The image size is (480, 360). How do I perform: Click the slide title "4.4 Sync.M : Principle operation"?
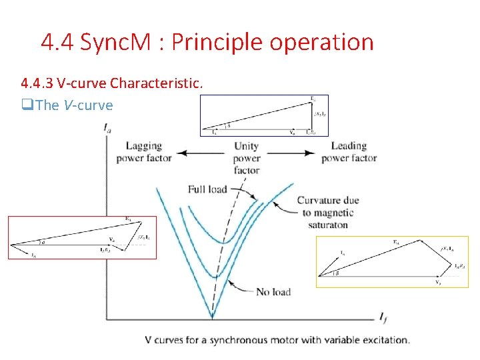coord(207,43)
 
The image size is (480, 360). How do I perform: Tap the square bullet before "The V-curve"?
coord(27,105)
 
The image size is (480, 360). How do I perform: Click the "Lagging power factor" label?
coord(143,152)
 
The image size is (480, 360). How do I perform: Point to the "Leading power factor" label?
coord(349,152)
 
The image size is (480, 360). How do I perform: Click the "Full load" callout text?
coord(207,189)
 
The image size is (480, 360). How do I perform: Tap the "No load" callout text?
coord(273,291)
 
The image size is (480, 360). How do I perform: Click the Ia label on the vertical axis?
coord(108,129)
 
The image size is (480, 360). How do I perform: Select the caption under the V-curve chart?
coord(277,340)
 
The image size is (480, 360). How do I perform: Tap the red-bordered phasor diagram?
coord(82,237)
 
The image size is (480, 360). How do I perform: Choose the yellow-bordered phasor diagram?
coord(392,261)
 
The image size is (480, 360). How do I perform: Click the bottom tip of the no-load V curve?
coord(212,317)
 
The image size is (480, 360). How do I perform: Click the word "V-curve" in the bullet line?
coord(88,105)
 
